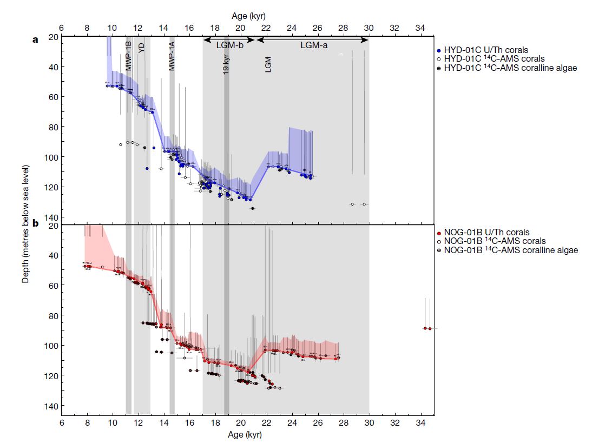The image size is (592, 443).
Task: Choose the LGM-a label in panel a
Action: pos(314,45)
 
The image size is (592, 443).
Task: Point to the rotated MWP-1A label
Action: pos(172,57)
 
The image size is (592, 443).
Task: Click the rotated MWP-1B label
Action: pos(129,55)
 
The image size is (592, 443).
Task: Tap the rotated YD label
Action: pos(142,48)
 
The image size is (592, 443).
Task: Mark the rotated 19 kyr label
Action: pos(226,64)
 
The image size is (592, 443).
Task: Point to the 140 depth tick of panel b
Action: pos(53,406)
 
